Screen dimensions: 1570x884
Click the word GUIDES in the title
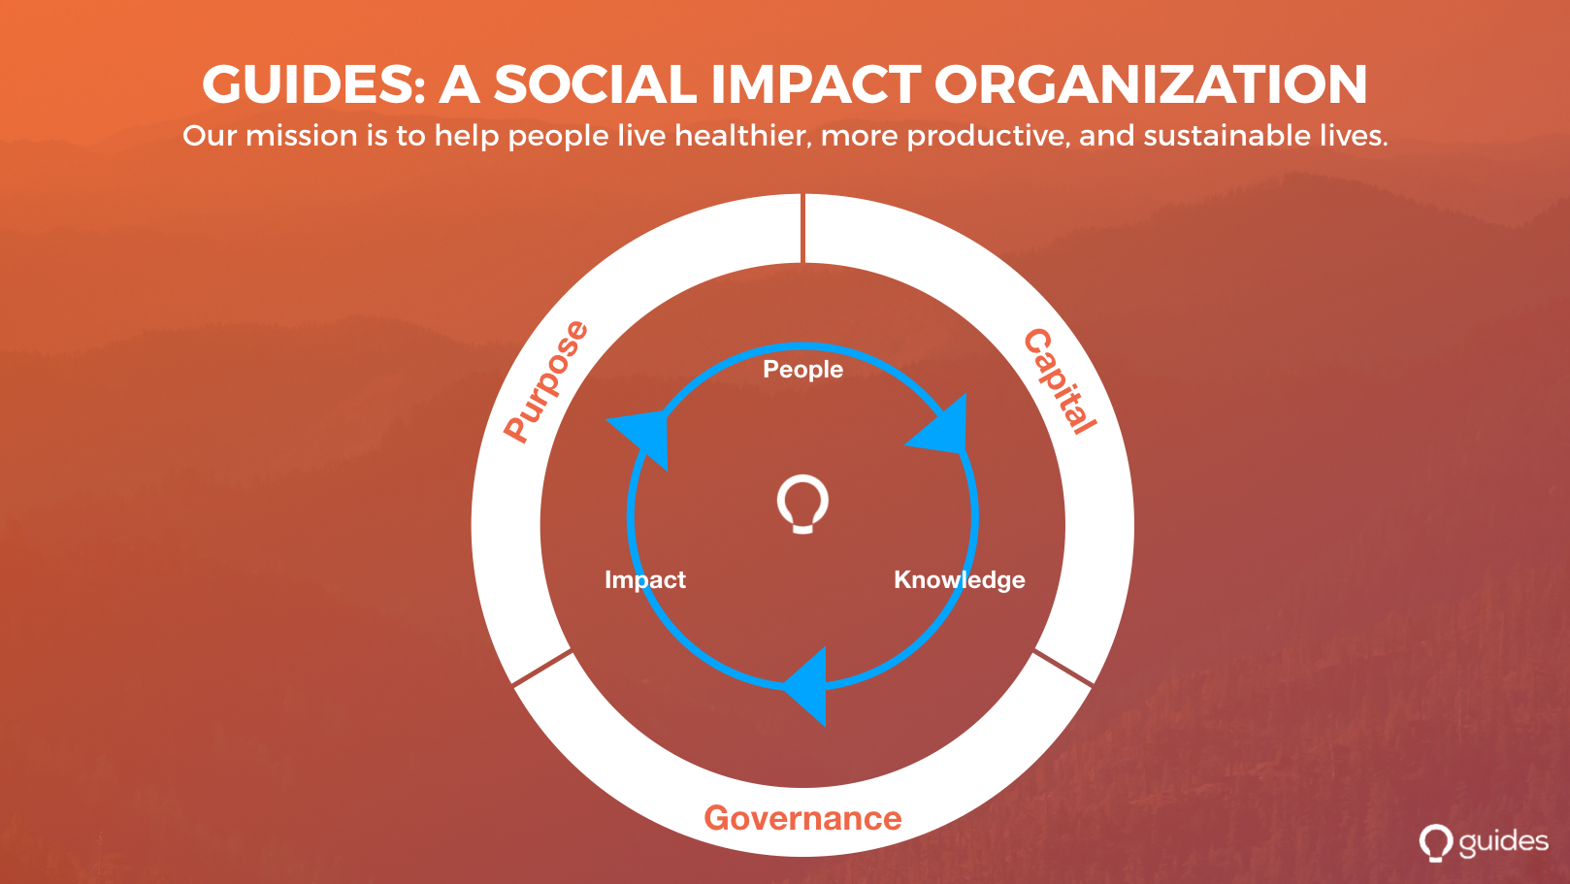[313, 84]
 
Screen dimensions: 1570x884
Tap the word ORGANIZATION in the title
[1151, 84]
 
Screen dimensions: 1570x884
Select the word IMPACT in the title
[816, 84]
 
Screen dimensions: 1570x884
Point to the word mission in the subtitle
[302, 135]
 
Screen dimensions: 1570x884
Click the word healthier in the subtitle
[743, 135]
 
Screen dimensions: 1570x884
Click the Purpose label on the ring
[546, 381]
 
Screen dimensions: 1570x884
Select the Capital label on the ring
[1060, 381]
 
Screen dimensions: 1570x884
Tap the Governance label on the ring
[802, 818]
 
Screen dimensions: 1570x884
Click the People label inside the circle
[802, 370]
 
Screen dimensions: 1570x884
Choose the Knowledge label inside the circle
[960, 580]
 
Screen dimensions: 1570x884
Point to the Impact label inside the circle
[645, 580]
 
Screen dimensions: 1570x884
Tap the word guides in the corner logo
[1503, 842]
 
